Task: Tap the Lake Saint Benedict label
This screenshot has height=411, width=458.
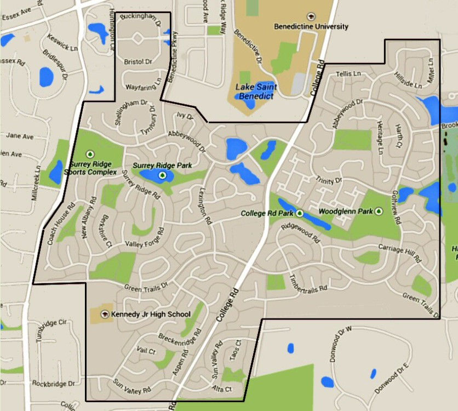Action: click(x=256, y=92)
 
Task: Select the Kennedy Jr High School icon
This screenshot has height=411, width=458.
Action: click(x=106, y=314)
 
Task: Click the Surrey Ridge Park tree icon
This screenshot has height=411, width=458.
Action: click(x=162, y=175)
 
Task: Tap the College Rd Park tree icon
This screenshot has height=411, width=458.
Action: click(x=300, y=212)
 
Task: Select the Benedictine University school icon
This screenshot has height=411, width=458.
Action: click(x=312, y=17)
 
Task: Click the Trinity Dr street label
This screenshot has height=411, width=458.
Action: click(x=329, y=180)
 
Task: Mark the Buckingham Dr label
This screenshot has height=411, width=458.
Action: click(x=139, y=20)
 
